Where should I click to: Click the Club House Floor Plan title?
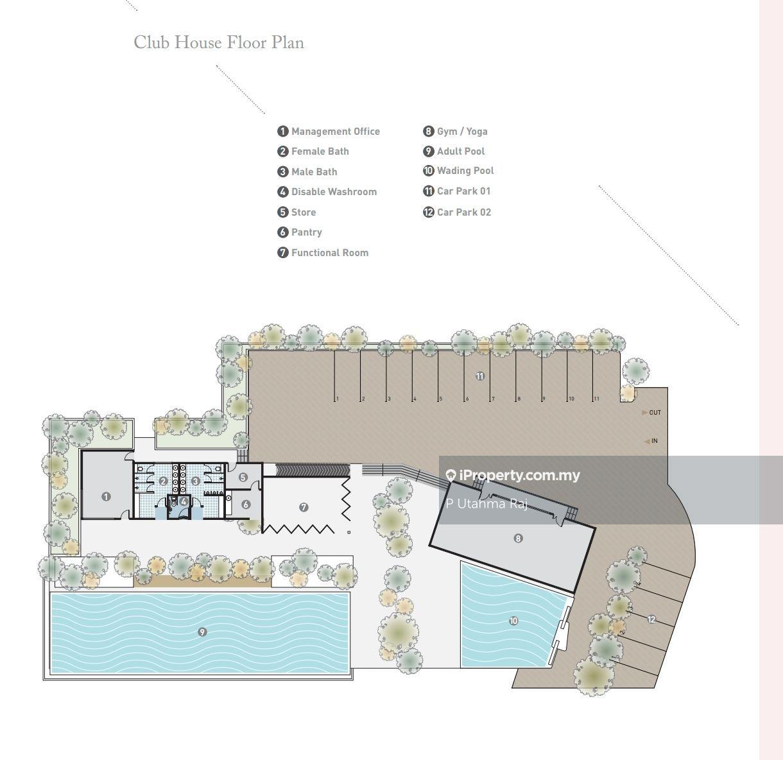coord(219,42)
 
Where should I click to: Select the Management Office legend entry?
coord(329,132)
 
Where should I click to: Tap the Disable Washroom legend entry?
coord(327,192)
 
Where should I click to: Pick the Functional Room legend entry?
coord(323,253)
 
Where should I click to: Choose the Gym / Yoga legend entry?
coord(455,132)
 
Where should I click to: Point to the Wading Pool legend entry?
coord(458,171)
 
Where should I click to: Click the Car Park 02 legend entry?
coord(457,212)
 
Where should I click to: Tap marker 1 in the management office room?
coord(106,497)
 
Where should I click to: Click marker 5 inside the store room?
coord(243,477)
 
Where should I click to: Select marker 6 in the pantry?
coord(246,504)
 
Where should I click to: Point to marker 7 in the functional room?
coord(304,507)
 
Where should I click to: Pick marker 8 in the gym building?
coord(518,539)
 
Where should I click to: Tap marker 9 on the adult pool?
coord(202,632)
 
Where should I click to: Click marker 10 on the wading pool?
coord(513,621)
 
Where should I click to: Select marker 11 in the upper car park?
coord(479,376)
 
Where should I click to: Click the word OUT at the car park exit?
coord(655,412)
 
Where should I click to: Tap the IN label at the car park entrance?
coord(655,441)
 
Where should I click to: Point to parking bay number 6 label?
coord(467,399)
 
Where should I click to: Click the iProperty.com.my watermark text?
coord(513,475)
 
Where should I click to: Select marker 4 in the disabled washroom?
coord(184,501)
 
